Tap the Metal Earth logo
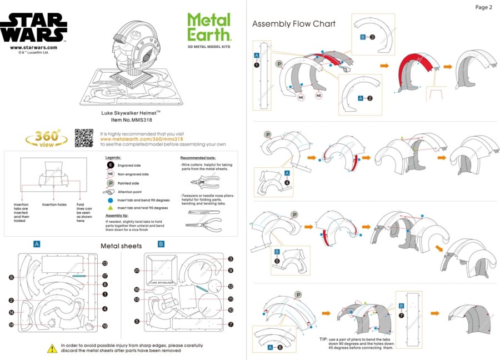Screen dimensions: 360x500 (209, 27)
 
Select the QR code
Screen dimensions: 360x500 (83, 138)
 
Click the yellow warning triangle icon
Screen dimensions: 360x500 (52, 348)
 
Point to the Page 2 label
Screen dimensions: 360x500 (483, 7)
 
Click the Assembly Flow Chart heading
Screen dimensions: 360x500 (294, 24)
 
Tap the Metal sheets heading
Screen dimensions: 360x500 (121, 246)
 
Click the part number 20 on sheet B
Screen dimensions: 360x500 (136, 271)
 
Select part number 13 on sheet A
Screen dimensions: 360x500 (104, 263)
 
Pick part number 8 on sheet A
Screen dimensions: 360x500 (11, 277)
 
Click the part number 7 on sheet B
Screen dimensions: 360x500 (231, 324)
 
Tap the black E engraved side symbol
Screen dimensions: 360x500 (111, 165)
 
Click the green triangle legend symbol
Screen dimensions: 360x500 (111, 208)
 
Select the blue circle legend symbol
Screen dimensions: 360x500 (111, 199)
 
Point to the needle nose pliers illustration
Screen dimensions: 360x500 (201, 225)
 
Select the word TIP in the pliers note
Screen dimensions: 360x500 (323, 339)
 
